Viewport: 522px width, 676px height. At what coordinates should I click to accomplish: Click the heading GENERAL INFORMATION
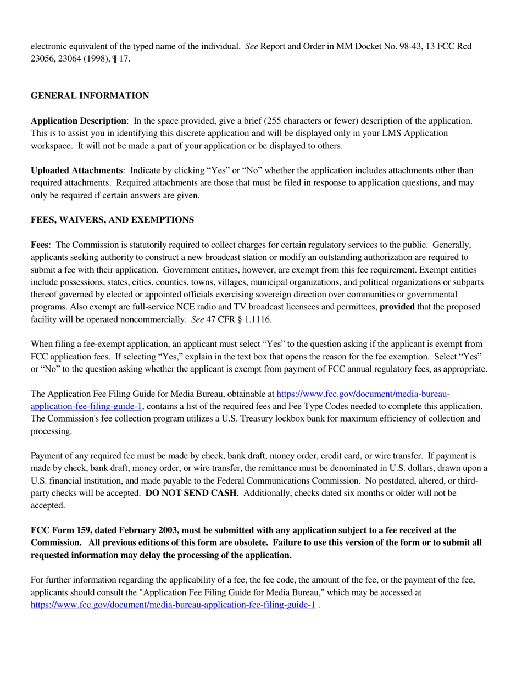pos(90,96)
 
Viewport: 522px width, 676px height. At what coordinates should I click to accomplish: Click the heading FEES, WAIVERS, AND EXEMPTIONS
pos(112,220)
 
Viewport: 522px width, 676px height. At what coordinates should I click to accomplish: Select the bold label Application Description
pos(78,121)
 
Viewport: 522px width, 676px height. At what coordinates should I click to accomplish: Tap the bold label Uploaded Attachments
pos(76,171)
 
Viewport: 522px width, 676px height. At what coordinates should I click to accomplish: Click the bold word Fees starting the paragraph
pos(40,245)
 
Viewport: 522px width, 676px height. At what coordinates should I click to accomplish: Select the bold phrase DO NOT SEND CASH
pos(191,493)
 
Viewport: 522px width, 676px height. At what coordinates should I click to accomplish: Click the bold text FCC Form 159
pos(60,530)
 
